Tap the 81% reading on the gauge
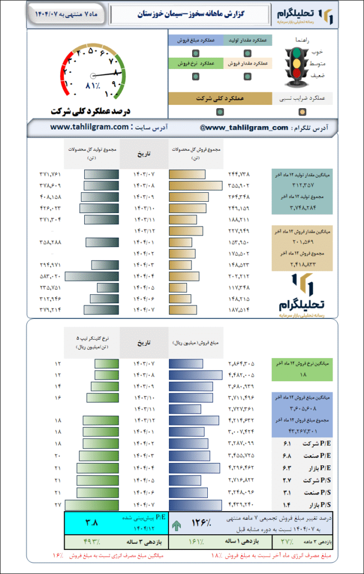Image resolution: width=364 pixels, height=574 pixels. click(92, 86)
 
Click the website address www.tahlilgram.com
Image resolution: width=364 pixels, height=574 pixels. click(89, 127)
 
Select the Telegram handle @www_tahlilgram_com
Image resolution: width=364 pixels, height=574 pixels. click(244, 127)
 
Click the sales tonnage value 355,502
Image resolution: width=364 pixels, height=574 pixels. click(239, 186)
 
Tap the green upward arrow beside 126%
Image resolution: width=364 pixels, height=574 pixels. click(178, 526)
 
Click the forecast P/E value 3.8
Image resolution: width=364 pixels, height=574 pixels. click(92, 522)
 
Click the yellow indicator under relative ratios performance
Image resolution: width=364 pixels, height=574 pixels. click(302, 112)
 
